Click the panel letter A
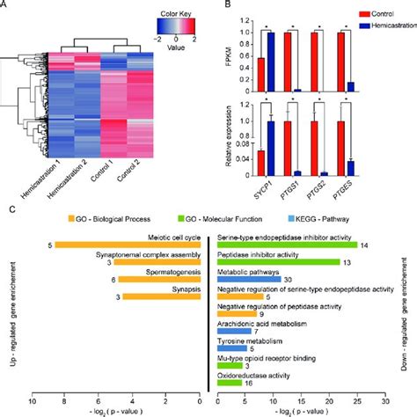pyautogui.click(x=7, y=8)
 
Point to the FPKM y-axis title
pyautogui.click(x=232, y=64)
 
